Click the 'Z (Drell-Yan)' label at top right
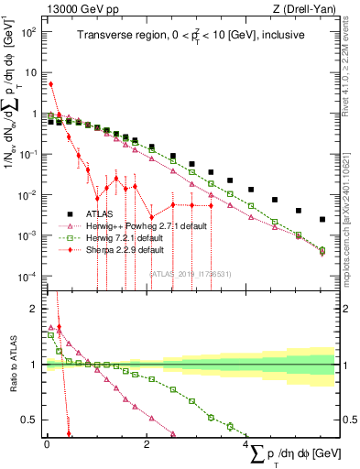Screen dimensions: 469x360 (x=301, y=9)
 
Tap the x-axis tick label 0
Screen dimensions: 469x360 (x=47, y=444)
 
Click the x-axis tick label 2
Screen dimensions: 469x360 (x=147, y=444)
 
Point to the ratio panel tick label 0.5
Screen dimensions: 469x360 (x=33, y=420)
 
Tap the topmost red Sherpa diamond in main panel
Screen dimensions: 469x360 (x=50, y=84)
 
